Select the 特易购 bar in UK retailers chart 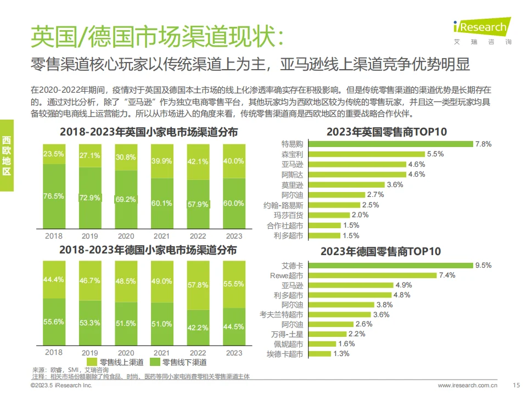coord(390,144)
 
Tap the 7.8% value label coord(483,144)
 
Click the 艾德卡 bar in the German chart coord(390,266)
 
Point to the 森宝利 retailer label coord(293,154)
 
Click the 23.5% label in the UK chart coord(54,154)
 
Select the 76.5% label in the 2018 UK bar coord(54,196)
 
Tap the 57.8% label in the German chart coord(198,286)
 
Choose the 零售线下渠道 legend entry coord(180,362)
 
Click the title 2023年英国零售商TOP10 coord(387,132)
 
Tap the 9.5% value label coord(483,266)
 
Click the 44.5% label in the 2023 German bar coord(234,327)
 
